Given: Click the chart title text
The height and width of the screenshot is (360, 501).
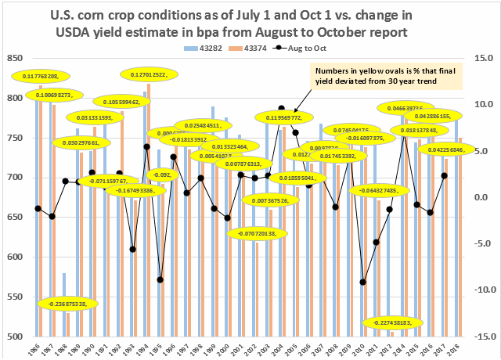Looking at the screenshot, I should pos(250,23).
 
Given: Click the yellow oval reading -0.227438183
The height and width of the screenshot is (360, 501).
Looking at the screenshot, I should pos(403,322).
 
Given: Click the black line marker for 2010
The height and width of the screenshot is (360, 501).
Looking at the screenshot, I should pos(363,283).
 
